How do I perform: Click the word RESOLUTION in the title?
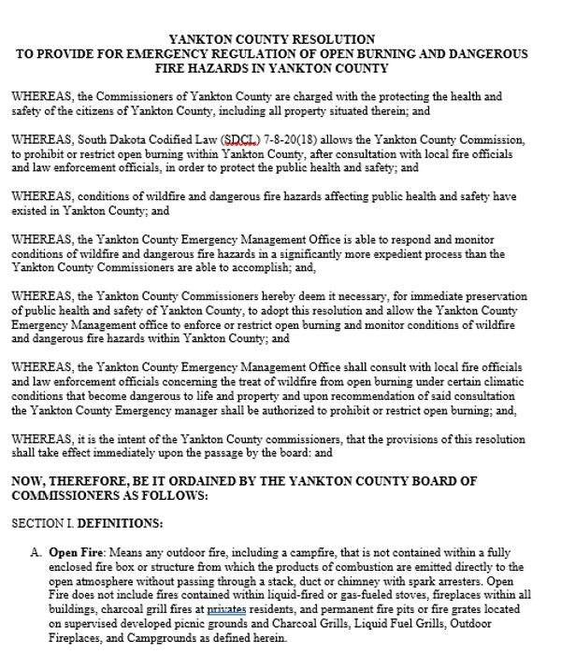point(332,39)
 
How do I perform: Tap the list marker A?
point(36,552)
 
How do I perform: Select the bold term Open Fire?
point(74,552)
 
